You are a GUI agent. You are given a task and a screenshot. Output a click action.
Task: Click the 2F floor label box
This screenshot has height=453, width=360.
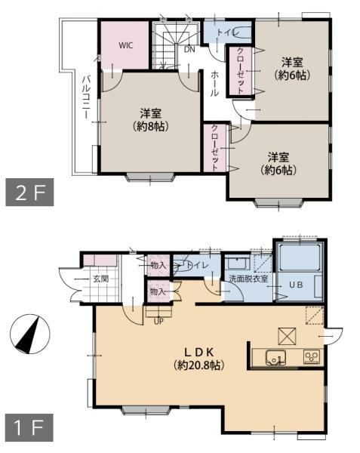click(x=29, y=192)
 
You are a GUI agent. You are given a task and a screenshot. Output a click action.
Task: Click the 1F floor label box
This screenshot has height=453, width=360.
click(x=29, y=427)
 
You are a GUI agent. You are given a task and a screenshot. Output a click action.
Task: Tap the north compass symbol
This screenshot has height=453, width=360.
click(x=30, y=334)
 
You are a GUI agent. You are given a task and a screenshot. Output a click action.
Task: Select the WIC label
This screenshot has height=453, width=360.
click(x=126, y=45)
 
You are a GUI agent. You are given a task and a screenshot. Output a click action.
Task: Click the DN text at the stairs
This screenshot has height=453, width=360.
click(x=189, y=49)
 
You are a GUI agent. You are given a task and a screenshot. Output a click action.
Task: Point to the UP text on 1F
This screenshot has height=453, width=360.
click(x=158, y=322)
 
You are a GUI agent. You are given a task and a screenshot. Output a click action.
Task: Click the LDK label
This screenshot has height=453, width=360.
click(x=199, y=352)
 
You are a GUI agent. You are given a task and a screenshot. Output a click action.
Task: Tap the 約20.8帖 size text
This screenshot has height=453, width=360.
click(x=199, y=365)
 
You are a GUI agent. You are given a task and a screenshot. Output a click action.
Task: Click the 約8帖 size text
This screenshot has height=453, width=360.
click(x=151, y=126)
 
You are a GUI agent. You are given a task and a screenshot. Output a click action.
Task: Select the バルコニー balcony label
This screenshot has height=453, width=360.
click(x=86, y=97)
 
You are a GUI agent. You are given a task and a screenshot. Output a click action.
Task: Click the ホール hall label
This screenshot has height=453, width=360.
click(x=214, y=84)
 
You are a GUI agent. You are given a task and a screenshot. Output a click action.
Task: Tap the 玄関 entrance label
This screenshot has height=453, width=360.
click(x=101, y=279)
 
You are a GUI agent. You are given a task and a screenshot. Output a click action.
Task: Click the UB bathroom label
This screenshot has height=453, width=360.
click(x=296, y=285)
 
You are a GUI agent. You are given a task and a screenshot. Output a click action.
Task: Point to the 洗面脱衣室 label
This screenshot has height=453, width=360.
click(x=248, y=279)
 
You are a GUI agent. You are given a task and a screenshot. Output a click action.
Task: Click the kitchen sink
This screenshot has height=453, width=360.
click(x=275, y=358)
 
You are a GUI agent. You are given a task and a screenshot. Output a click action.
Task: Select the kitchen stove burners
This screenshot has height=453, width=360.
click(x=312, y=357)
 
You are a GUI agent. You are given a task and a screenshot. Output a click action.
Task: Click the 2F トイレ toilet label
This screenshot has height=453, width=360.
click(x=229, y=32)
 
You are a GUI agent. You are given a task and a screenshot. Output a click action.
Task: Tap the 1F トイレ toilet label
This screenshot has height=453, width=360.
click(x=198, y=265)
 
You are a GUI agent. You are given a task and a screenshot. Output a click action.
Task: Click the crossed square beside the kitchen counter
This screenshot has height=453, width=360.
click(x=287, y=336)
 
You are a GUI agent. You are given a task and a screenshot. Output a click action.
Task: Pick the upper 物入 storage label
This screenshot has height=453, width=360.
click(x=158, y=265)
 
